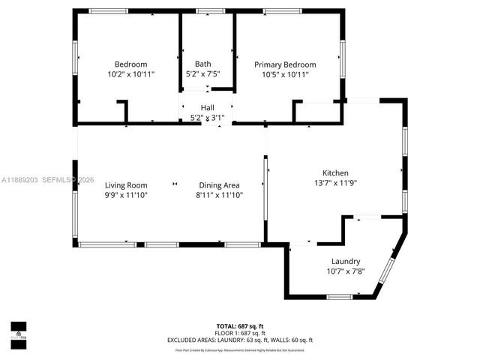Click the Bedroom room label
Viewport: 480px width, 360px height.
click(x=130, y=64)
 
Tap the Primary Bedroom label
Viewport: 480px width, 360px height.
click(x=285, y=64)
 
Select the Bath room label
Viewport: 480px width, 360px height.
click(x=202, y=64)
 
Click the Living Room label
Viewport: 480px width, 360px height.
click(x=126, y=185)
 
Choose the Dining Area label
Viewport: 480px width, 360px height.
click(x=219, y=185)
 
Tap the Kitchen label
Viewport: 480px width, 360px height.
click(x=335, y=172)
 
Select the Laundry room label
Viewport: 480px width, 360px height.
click(x=346, y=261)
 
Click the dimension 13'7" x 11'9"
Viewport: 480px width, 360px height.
click(x=335, y=182)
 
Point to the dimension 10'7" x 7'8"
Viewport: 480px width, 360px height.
click(x=346, y=271)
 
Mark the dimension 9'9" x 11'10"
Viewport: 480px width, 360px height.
click(x=126, y=195)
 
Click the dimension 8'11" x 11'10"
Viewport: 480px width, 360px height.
click(x=219, y=195)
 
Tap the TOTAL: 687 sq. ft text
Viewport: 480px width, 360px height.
click(x=240, y=325)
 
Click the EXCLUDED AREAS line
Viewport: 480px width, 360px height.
click(x=240, y=340)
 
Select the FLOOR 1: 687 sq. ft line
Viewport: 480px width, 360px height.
click(x=240, y=332)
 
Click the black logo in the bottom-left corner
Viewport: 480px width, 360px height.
click(x=18, y=331)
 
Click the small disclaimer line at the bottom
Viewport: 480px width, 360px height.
click(x=240, y=349)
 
